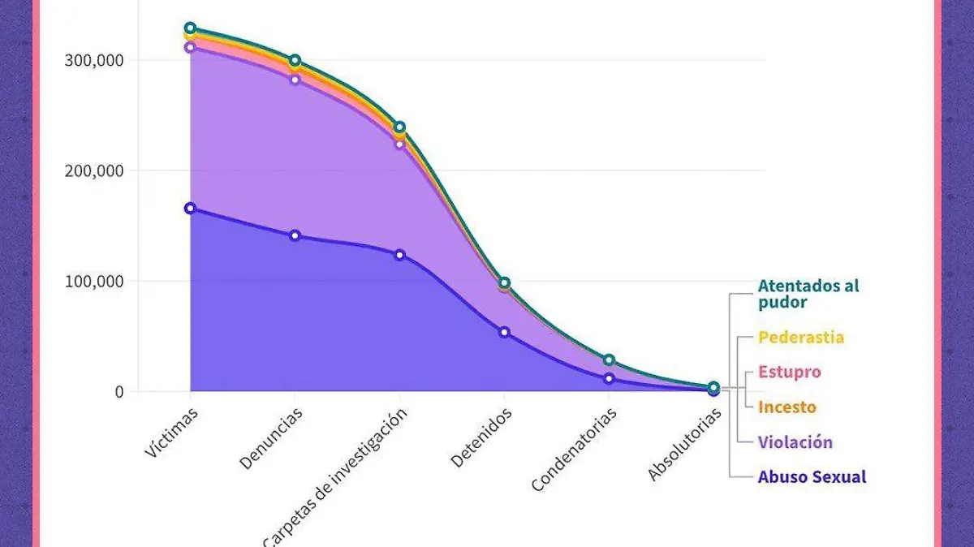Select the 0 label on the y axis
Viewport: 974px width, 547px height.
point(119,391)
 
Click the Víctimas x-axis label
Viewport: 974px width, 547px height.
point(171,432)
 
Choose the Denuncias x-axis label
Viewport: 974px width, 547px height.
point(271,437)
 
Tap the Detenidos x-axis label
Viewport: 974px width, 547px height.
point(481,437)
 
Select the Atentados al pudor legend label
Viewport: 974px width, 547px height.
point(808,294)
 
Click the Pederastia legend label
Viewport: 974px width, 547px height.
point(801,337)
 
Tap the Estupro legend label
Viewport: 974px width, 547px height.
point(790,373)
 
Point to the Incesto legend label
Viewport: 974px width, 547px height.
point(787,407)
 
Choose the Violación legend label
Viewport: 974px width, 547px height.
point(795,442)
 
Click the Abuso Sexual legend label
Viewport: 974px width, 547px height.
point(812,477)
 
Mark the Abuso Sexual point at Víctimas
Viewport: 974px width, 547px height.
point(190,209)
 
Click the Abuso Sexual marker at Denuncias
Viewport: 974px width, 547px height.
point(295,235)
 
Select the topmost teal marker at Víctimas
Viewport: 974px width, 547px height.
point(190,28)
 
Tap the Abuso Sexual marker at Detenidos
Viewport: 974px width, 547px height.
point(504,332)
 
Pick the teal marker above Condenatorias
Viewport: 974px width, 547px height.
point(609,360)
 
